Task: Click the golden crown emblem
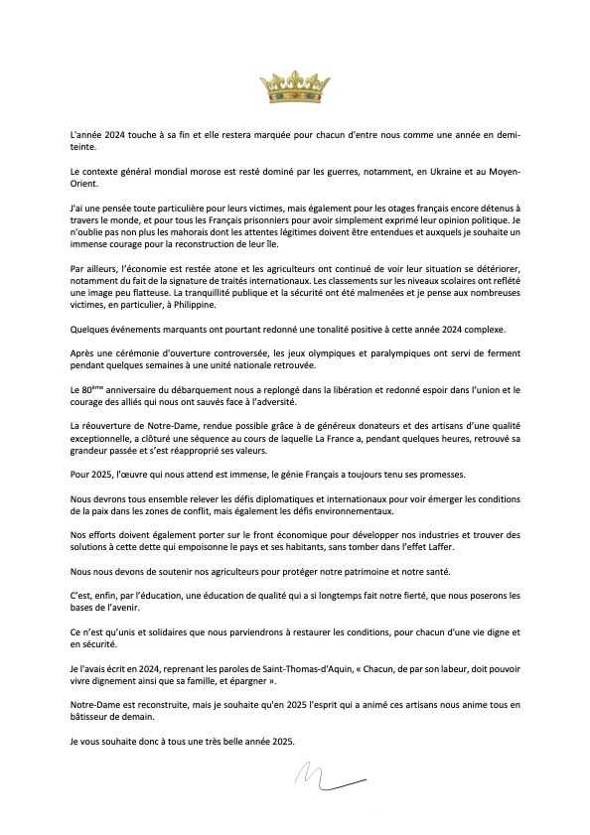(295, 87)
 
